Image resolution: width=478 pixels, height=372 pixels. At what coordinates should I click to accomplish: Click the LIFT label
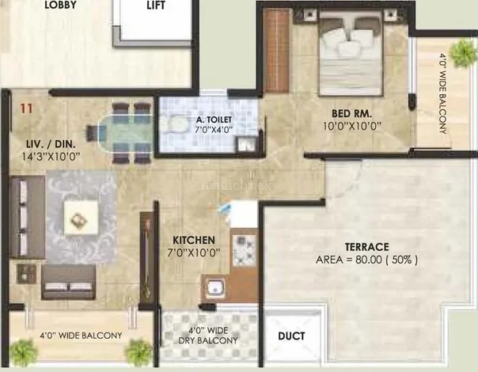pyautogui.click(x=156, y=5)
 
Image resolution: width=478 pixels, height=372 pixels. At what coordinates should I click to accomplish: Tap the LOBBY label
pyautogui.click(x=60, y=5)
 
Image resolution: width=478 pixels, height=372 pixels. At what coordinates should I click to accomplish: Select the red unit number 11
pyautogui.click(x=26, y=108)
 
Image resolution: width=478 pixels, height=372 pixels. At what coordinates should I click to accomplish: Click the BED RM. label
pyautogui.click(x=352, y=114)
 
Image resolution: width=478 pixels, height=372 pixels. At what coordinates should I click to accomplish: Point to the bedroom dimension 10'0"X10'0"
pyautogui.click(x=352, y=126)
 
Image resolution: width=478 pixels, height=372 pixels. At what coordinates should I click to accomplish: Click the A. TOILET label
pyautogui.click(x=214, y=120)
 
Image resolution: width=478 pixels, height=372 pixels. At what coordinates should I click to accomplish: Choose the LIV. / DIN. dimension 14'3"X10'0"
pyautogui.click(x=51, y=157)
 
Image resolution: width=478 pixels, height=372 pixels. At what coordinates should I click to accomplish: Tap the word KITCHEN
pyautogui.click(x=194, y=241)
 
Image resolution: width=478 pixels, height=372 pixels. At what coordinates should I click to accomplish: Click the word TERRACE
pyautogui.click(x=366, y=247)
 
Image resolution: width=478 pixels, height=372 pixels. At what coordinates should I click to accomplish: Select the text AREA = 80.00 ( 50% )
pyautogui.click(x=366, y=260)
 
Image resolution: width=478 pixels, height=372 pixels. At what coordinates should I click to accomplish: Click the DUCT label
pyautogui.click(x=291, y=336)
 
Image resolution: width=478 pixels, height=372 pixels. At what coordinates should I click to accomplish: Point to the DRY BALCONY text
pyautogui.click(x=208, y=340)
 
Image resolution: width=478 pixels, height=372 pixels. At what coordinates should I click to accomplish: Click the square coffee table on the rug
pyautogui.click(x=81, y=218)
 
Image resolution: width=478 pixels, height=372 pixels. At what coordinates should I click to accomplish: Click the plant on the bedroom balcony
pyautogui.click(x=464, y=53)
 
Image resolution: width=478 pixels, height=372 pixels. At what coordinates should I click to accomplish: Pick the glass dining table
pyautogui.click(x=125, y=133)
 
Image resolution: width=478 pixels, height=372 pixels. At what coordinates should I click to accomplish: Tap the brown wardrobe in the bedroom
pyautogui.click(x=276, y=51)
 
